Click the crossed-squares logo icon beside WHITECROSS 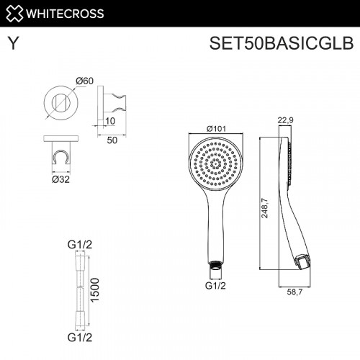pyautogui.click(x=14, y=12)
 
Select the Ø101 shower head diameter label pyautogui.click(x=217, y=128)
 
